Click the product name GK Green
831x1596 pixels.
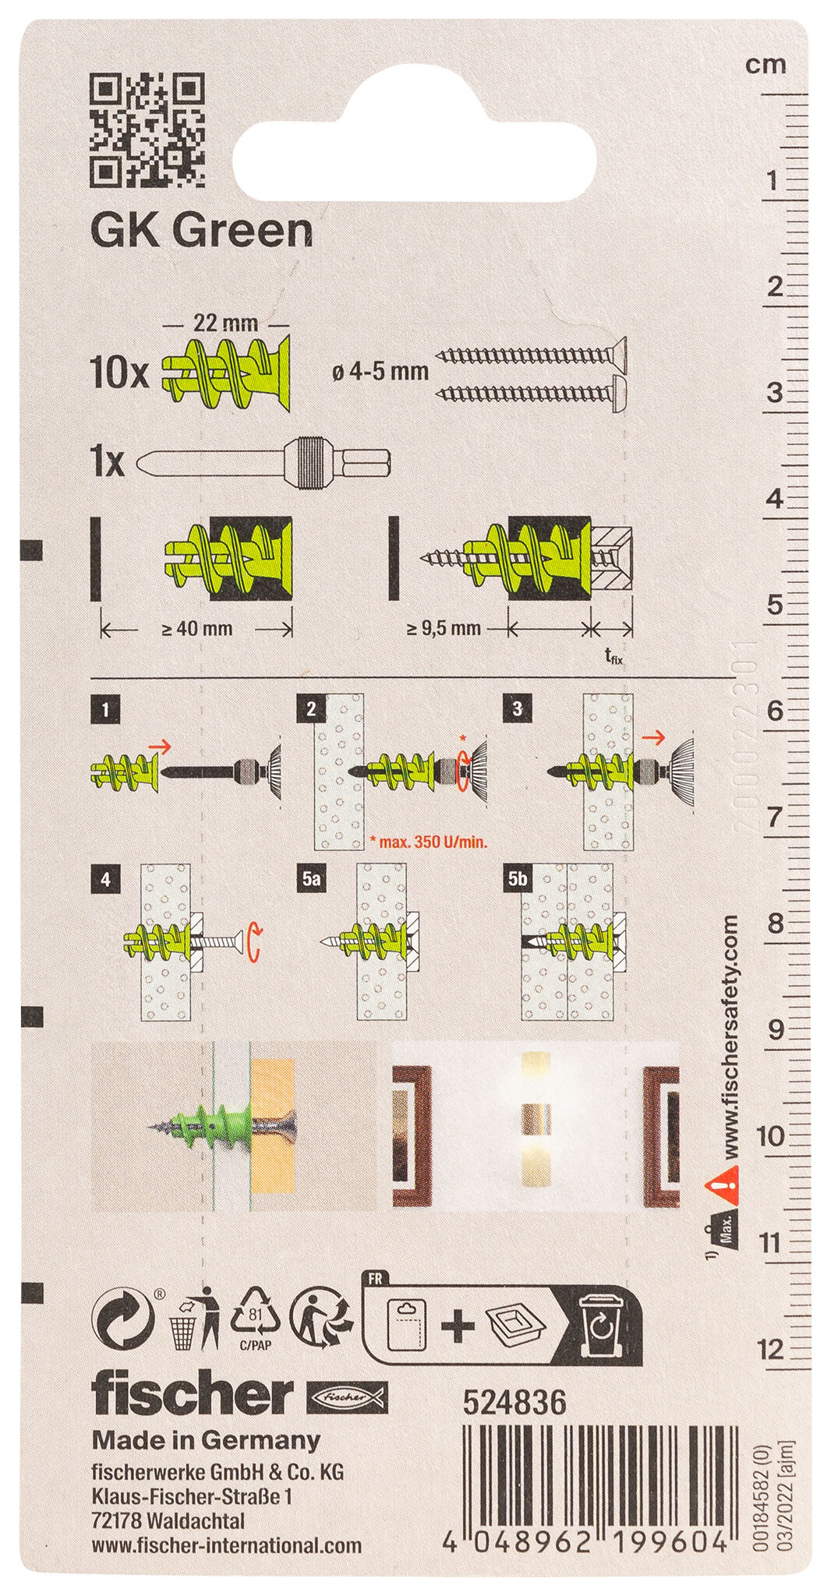(x=202, y=231)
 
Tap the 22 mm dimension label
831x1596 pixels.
(x=226, y=322)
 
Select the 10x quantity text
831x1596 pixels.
(x=118, y=376)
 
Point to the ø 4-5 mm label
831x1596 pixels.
(x=380, y=372)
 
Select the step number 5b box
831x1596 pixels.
(x=518, y=879)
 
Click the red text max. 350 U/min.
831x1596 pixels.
(x=432, y=841)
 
